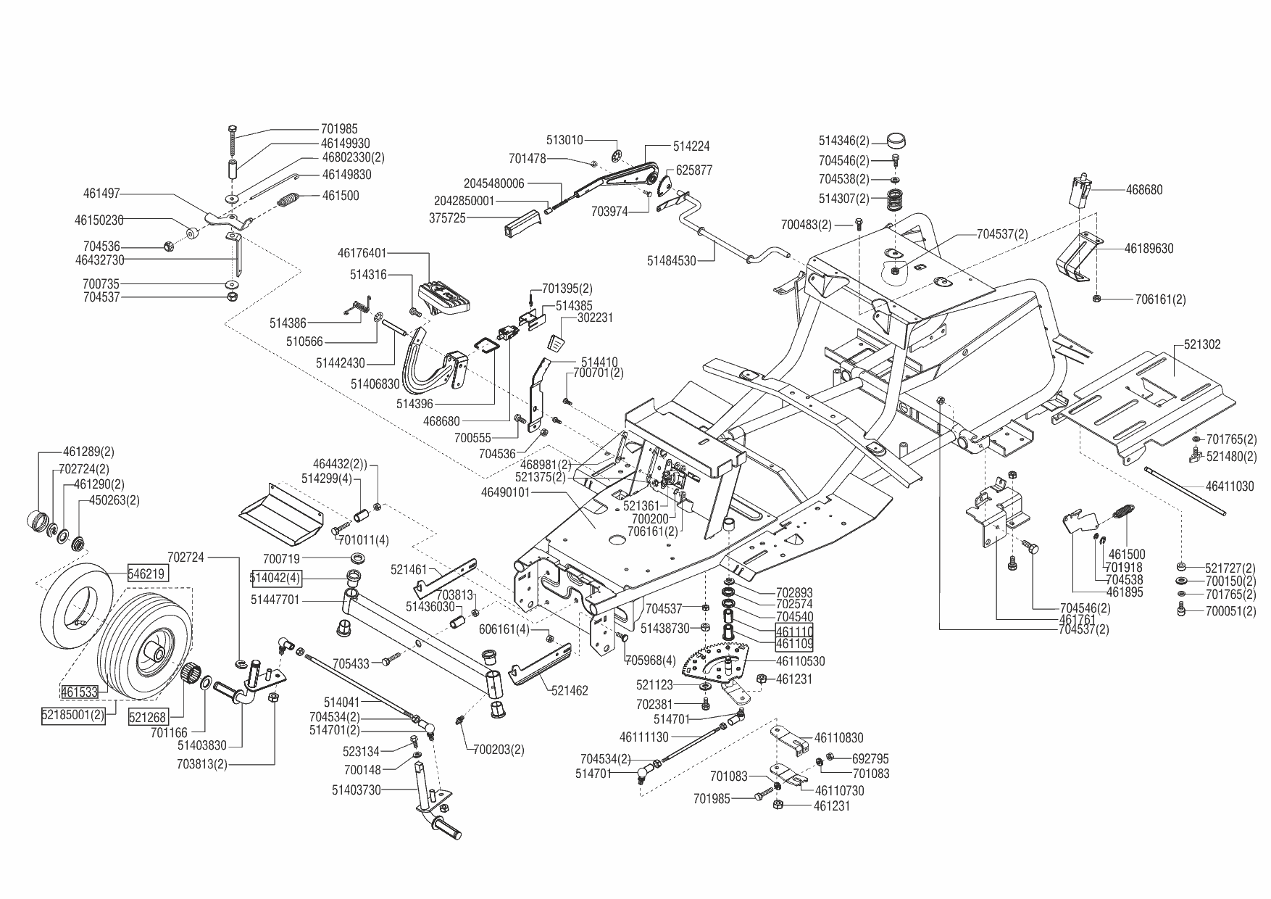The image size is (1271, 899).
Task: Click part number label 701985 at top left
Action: [339, 130]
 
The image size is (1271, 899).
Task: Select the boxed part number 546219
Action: [148, 573]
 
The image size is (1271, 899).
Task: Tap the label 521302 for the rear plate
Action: [1202, 345]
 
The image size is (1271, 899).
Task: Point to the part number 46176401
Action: [362, 254]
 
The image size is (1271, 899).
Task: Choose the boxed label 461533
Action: [79, 692]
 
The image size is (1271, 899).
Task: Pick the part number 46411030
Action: [1230, 486]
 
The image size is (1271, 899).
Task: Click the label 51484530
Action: [671, 260]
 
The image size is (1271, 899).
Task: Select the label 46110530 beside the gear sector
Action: [800, 661]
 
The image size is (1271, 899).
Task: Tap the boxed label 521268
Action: [148, 717]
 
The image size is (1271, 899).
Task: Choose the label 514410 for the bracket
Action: [595, 362]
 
